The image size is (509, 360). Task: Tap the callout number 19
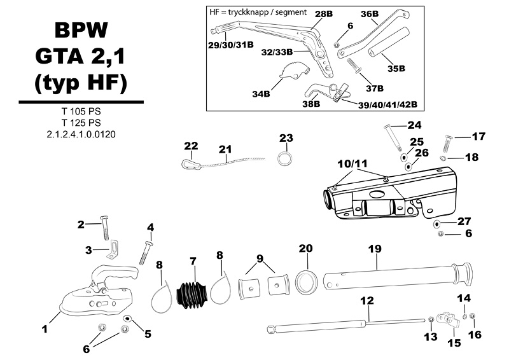(375, 249)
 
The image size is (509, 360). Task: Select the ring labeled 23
(284, 158)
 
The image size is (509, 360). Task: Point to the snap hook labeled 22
(189, 164)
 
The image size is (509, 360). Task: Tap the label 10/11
(353, 164)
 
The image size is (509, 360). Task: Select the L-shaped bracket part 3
(113, 249)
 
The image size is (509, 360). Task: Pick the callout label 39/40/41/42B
(387, 105)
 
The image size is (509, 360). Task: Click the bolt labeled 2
(105, 228)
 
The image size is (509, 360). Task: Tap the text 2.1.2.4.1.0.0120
(81, 134)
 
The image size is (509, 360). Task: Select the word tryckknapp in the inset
(248, 12)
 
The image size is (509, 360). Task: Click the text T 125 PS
(81, 123)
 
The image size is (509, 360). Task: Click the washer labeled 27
(436, 223)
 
